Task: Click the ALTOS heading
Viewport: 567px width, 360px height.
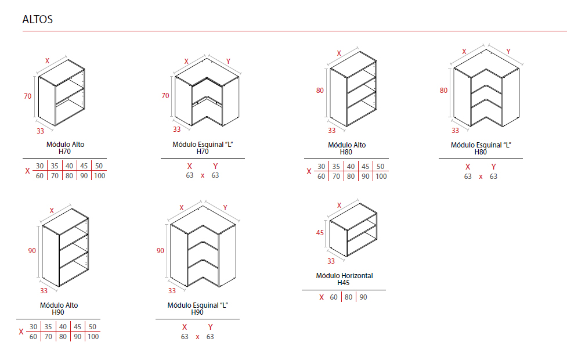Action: tap(38, 19)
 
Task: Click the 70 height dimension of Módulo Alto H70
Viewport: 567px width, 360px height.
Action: tap(28, 96)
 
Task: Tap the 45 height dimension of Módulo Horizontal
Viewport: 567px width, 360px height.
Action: tap(320, 233)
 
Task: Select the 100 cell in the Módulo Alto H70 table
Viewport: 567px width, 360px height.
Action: tap(99, 176)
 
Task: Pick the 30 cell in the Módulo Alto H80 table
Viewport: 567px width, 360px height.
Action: tap(322, 167)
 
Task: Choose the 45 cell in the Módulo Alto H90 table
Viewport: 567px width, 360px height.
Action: tap(77, 327)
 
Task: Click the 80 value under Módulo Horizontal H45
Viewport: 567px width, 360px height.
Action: tap(349, 297)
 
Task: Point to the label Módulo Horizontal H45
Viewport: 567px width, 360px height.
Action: tap(344, 279)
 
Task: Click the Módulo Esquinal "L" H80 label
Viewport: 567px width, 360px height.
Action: tap(481, 148)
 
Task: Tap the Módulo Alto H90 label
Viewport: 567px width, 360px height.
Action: tap(59, 309)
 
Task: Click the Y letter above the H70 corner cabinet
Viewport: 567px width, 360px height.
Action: tap(228, 62)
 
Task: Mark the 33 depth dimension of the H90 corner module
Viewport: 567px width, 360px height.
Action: tap(172, 290)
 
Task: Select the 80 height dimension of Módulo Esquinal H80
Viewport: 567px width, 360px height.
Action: tap(444, 91)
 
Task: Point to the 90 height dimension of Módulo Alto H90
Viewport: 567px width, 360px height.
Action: tap(32, 251)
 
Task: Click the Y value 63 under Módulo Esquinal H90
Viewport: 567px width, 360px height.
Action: tap(210, 337)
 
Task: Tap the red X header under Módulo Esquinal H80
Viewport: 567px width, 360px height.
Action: tap(468, 167)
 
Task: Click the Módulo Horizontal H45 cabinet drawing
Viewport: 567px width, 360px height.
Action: tap(353, 230)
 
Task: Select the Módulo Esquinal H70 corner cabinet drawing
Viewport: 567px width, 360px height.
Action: tap(207, 92)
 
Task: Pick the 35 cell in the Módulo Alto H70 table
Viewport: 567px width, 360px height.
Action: tap(55, 166)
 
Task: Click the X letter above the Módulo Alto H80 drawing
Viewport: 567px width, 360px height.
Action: tap(339, 53)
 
